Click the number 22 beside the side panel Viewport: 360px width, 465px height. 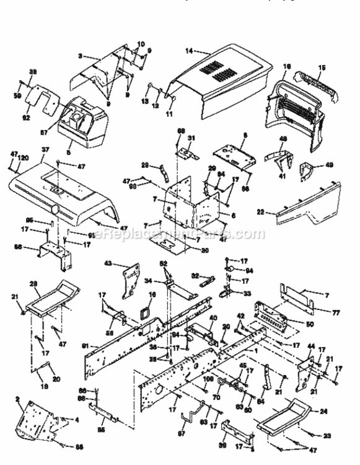tap(261, 212)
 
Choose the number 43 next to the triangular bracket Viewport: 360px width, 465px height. tap(108, 264)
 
